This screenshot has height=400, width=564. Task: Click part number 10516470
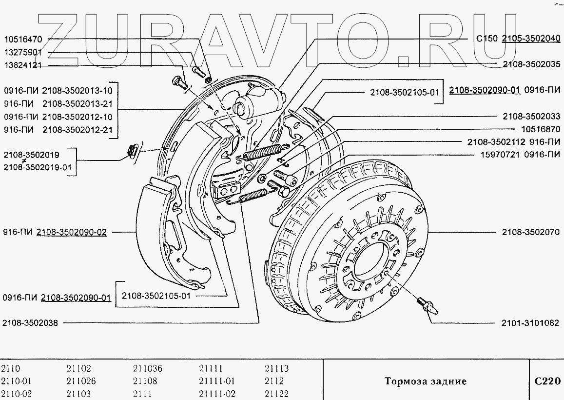(x=23, y=39)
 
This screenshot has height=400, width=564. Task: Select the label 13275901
(x=23, y=53)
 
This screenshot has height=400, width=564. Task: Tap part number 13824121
(x=23, y=65)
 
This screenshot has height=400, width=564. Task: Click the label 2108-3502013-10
(x=78, y=90)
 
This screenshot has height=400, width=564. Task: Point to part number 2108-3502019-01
(x=38, y=167)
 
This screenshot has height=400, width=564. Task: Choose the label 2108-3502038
(x=30, y=323)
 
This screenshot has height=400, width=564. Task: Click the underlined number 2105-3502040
(x=531, y=39)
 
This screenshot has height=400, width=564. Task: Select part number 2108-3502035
(x=532, y=64)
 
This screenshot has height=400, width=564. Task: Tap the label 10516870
(x=541, y=129)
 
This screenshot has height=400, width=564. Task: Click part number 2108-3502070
(x=531, y=232)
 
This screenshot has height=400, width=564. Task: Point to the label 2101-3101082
(x=530, y=323)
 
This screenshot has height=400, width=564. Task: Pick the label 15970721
(x=500, y=155)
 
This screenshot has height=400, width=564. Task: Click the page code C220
(x=547, y=381)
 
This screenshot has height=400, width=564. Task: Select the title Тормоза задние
(x=426, y=381)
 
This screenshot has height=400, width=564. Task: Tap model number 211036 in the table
(x=148, y=369)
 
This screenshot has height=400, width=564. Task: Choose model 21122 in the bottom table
(x=276, y=394)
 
